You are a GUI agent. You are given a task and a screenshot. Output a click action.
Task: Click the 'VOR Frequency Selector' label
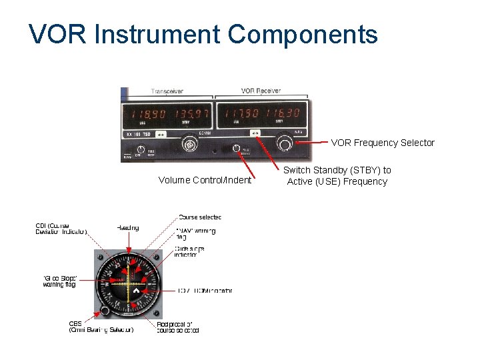pyautogui.click(x=383, y=143)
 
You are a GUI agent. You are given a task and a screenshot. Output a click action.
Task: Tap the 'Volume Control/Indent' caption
pyautogui.click(x=205, y=180)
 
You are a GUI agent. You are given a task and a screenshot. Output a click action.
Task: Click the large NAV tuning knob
pyautogui.click(x=286, y=143)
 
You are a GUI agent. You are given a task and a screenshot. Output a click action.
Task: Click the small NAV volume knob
pyautogui.click(x=236, y=149)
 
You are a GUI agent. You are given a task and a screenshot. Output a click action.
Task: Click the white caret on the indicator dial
pyautogui.click(x=135, y=291)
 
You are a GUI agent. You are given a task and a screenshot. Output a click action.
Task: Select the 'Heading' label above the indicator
pyautogui.click(x=128, y=228)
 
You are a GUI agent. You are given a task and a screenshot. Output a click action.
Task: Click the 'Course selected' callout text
pyautogui.click(x=200, y=217)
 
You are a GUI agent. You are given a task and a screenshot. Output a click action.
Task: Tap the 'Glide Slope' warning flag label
pyautogui.click(x=60, y=281)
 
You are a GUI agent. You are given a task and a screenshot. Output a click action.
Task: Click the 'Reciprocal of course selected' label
pyautogui.click(x=178, y=327)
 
